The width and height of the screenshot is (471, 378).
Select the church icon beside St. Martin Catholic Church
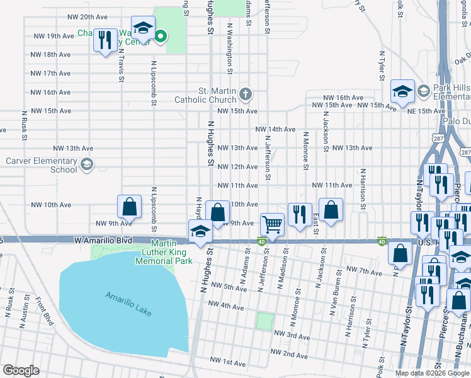pyautogui.click(x=245, y=95)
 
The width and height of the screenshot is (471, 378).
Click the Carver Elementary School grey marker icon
pyautogui.click(x=86, y=165)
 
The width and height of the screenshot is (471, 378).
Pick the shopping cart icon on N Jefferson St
pyautogui.click(x=272, y=224)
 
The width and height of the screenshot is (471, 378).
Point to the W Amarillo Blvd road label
pyautogui.click(x=103, y=241)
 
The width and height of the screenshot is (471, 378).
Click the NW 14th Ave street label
pyautogui.click(x=275, y=129)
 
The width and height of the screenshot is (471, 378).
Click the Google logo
pyautogui.click(x=21, y=370)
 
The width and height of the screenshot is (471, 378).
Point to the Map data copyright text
pyautogui.click(x=431, y=373)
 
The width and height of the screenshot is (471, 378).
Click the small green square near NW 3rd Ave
pyautogui.click(x=264, y=321)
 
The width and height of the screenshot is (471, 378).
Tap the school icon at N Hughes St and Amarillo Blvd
pyautogui.click(x=200, y=231)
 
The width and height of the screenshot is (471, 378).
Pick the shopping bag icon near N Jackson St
pyautogui.click(x=331, y=210)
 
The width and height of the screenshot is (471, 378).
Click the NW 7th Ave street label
pyautogui.click(x=364, y=272)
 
